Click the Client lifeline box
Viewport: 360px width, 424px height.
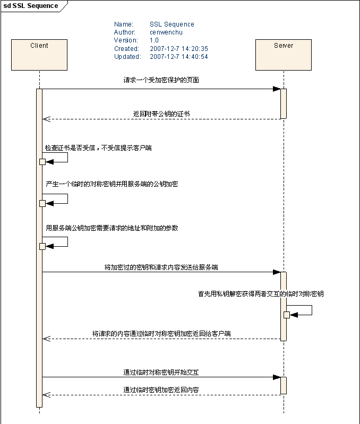pos(39,55)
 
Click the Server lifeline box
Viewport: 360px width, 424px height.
pos(284,55)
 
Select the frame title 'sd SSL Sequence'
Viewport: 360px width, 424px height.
pos(31,6)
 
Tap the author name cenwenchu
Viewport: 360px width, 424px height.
pos(166,32)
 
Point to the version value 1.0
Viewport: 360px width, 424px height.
pos(154,40)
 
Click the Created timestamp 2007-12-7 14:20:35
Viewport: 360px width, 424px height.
pos(178,48)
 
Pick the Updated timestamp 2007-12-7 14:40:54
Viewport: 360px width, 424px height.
pos(178,57)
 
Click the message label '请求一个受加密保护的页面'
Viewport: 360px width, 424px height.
pos(161,80)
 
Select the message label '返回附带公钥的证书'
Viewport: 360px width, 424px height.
pos(161,114)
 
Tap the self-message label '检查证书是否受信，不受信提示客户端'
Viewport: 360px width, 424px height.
pos(98,148)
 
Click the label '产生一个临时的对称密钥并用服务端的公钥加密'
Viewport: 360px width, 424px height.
pos(112,184)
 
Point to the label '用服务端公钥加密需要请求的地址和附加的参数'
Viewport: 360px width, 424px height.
pos(112,228)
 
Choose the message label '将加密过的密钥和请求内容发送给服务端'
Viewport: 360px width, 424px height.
pos(161,267)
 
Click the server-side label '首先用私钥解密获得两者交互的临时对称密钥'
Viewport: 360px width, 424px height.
pos(261,294)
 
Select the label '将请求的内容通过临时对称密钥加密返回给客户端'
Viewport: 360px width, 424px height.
pos(161,334)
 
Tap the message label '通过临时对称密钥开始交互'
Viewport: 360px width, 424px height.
pos(161,373)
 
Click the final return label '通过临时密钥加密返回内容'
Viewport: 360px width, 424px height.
pos(161,390)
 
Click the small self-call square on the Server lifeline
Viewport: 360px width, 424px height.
pos(287,315)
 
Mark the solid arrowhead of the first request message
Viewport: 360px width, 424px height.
pos(276,89)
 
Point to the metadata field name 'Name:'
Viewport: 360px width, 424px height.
pos(123,24)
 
